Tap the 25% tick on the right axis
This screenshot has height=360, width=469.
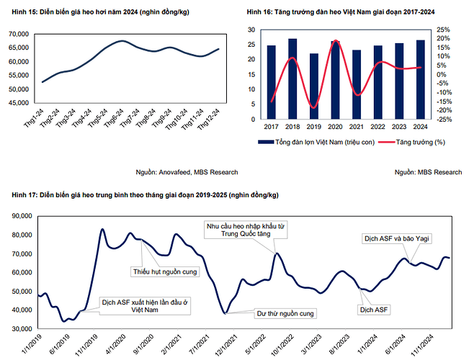pos(445,30)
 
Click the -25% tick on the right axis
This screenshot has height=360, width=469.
pos(445,120)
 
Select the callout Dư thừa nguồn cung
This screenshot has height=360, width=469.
pos(285,314)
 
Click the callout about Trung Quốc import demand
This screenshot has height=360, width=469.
pos(242,229)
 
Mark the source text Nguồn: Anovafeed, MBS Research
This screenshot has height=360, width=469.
pos(187,172)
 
